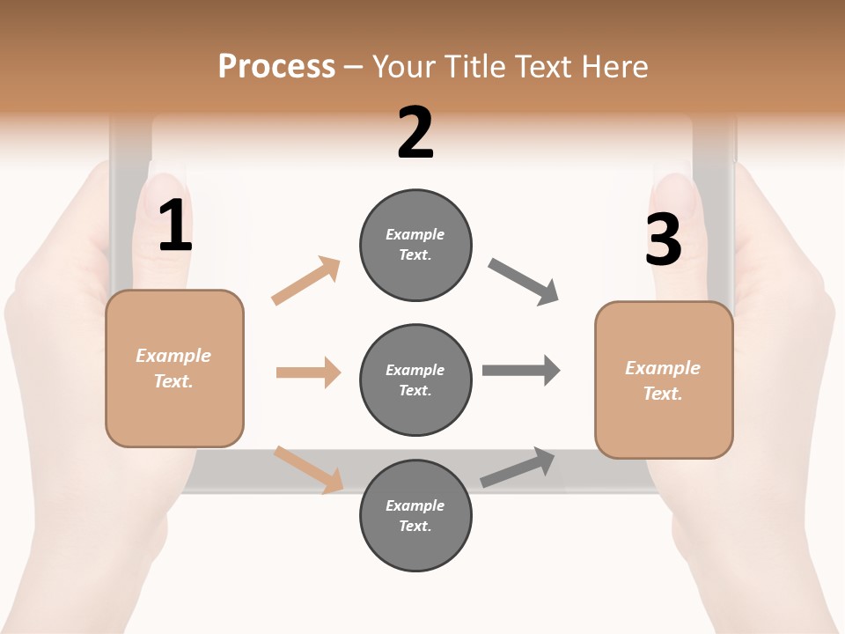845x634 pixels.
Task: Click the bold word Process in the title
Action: tap(276, 66)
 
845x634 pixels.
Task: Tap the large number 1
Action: tap(175, 226)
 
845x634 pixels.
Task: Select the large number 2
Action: tap(415, 133)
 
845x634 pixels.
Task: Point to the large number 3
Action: tap(664, 240)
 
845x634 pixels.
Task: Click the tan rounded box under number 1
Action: tap(174, 368)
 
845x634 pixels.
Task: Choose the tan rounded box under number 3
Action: tap(664, 380)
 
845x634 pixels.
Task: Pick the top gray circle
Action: tap(415, 244)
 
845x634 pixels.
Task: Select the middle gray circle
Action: tap(415, 380)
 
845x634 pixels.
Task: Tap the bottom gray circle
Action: tap(415, 515)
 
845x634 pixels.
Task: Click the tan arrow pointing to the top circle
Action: tap(306, 281)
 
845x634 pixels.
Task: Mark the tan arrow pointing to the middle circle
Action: tap(308, 372)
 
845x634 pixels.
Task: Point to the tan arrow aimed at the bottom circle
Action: tap(309, 469)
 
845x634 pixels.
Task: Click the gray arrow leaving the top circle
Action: tap(524, 282)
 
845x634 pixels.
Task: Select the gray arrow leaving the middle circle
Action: tap(521, 370)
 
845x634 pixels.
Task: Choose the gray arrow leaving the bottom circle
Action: tap(518, 467)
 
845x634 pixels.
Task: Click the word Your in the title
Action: tap(403, 66)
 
